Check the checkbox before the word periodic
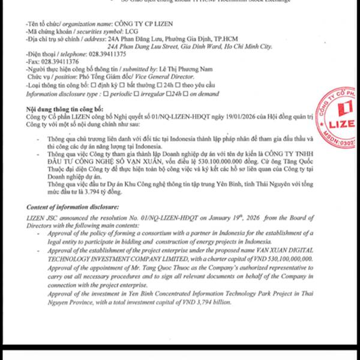pos(106,94)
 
